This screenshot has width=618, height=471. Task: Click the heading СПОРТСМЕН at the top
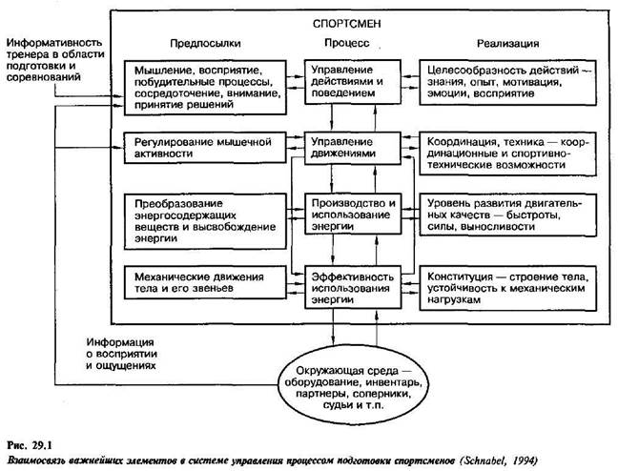click(358, 21)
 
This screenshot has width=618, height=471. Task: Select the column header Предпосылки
click(205, 44)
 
